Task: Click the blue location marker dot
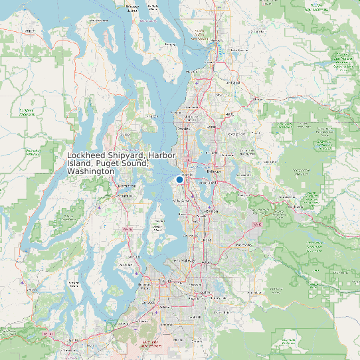coord(179,179)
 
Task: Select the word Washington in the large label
coord(91,171)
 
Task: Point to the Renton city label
coord(213,210)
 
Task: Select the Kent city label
coord(209,243)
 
